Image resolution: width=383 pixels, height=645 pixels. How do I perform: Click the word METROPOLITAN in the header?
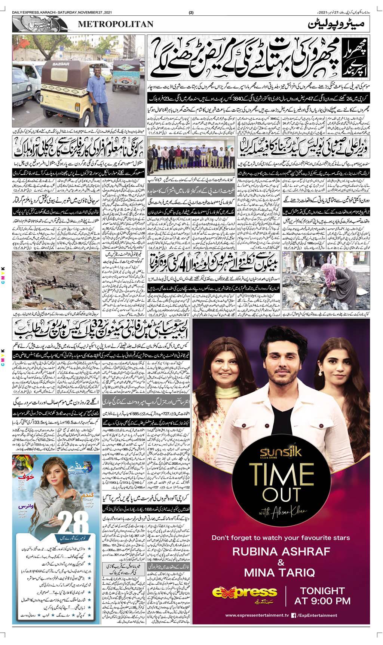116,24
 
